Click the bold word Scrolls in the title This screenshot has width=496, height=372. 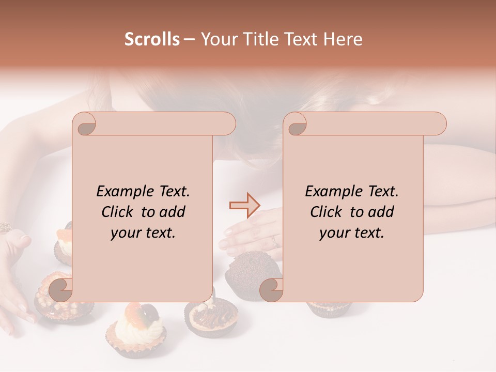152,39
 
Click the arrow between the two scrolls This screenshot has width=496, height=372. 244,206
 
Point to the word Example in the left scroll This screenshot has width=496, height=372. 123,192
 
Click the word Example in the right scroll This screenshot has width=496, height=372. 332,192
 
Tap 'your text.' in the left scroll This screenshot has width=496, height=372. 143,233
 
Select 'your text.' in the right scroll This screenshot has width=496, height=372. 352,233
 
